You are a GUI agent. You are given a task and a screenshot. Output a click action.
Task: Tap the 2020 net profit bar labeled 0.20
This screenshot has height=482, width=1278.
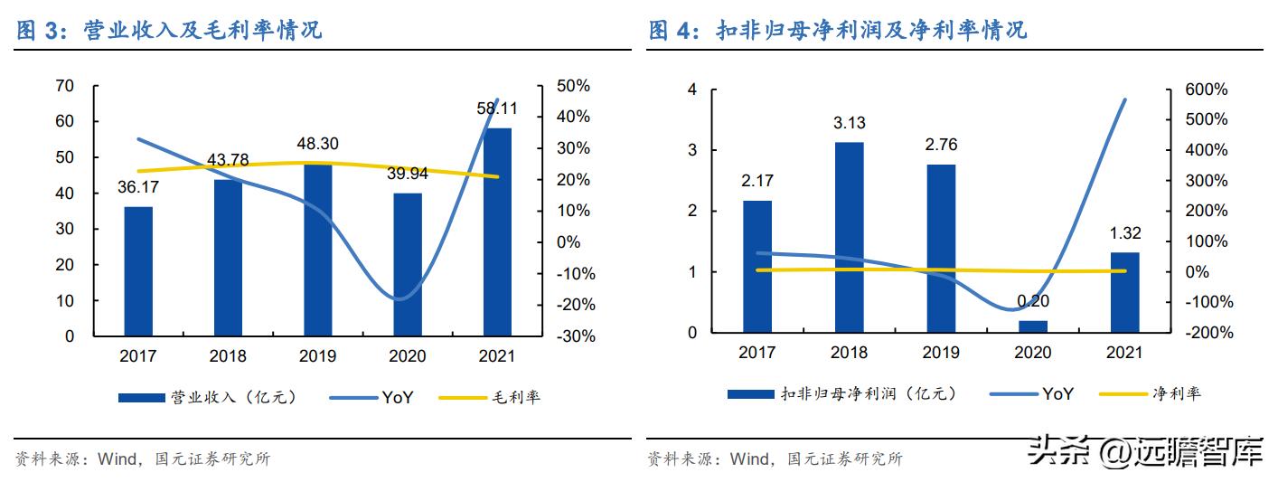point(1033,326)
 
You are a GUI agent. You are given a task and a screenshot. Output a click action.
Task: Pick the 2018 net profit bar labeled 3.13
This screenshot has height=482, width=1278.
point(849,237)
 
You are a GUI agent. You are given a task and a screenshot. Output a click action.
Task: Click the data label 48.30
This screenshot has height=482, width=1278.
point(317,144)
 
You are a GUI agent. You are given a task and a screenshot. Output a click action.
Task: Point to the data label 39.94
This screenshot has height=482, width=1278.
point(407,174)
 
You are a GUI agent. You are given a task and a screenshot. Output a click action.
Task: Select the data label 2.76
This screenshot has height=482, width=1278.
point(941,145)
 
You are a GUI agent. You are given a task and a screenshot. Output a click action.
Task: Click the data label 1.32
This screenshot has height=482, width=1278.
point(1125,232)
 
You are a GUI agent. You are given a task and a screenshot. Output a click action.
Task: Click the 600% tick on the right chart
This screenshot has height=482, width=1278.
point(1208,90)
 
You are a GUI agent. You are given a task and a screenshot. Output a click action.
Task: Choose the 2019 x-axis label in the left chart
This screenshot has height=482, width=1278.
point(317,356)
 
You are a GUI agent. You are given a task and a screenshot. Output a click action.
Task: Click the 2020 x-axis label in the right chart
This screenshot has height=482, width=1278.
point(1033,353)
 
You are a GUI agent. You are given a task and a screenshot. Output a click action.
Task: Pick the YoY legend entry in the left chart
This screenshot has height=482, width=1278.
point(396,397)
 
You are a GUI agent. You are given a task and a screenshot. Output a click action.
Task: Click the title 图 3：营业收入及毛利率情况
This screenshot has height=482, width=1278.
point(170,30)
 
